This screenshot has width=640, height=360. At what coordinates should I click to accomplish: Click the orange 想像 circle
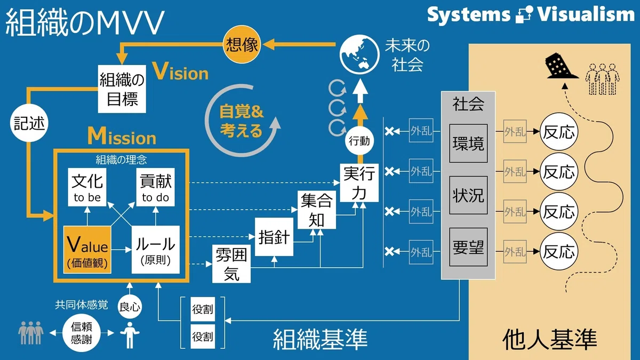pos(242,44)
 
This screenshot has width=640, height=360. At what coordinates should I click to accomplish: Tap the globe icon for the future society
pos(359,54)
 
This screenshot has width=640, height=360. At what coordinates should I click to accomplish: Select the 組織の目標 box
pos(122,89)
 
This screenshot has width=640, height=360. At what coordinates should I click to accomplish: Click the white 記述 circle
pos(29,123)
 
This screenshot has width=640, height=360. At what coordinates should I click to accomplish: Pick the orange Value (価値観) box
pos(87,250)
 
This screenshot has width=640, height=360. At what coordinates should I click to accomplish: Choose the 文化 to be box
pos(87,187)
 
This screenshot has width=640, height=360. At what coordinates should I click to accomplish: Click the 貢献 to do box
pos(155,187)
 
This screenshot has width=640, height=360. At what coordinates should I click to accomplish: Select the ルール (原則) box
pos(155,250)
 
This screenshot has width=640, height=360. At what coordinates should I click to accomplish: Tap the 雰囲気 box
pos(231,263)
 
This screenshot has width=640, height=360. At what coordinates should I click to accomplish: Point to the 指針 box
pos(274,237)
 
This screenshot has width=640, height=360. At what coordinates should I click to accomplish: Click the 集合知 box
pos(317,210)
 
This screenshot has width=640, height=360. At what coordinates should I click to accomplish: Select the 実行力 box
pos(359,183)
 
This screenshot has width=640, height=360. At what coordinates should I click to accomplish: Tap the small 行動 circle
pos(359,141)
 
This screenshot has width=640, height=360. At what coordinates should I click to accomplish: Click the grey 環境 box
pos(468,143)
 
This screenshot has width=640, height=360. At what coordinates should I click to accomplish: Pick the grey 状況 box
pos(468,195)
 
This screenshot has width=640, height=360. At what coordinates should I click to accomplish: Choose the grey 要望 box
pos(468,247)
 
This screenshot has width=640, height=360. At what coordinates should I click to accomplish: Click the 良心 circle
pos(130,307)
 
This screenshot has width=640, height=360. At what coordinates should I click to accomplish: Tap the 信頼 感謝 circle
pos(82,333)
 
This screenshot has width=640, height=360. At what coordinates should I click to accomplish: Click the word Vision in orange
pos(181,71)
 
